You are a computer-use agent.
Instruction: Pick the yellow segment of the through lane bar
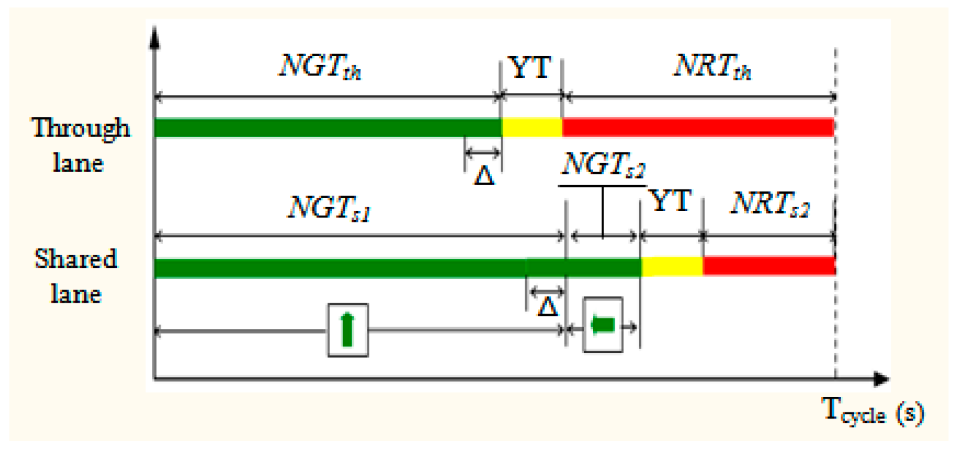[532, 127]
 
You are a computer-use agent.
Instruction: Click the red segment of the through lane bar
[698, 127]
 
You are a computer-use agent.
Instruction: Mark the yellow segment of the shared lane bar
[672, 267]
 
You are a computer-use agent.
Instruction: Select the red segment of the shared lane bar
[769, 267]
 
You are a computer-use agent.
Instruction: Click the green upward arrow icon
[348, 330]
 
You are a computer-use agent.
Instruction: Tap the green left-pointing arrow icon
[602, 325]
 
